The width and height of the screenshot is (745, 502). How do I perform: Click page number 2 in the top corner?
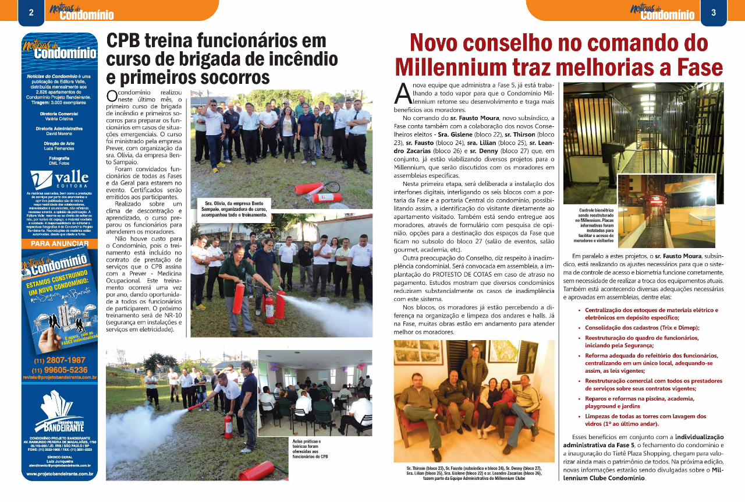point(31,12)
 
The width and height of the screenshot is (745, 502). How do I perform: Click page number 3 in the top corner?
point(713,12)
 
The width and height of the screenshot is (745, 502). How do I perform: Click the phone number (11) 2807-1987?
point(59,360)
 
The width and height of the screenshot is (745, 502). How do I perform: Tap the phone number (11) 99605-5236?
point(59,370)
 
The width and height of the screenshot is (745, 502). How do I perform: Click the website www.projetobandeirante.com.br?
point(59,474)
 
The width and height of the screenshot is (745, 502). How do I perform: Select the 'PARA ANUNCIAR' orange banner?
point(59,243)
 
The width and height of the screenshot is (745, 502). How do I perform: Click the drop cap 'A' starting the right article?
point(402,93)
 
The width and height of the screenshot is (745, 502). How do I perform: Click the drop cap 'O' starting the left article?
point(113,97)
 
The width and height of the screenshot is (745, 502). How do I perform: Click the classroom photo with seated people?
point(315,393)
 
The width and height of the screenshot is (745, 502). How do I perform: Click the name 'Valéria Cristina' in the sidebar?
point(59,118)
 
